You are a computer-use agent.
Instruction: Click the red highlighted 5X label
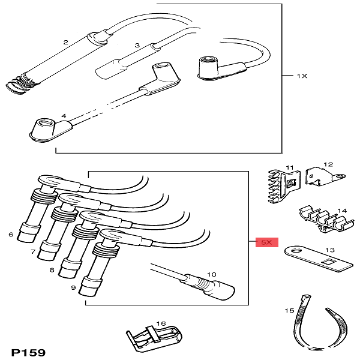tap(265, 242)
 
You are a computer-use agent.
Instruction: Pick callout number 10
tap(210, 275)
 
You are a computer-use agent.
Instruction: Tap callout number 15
tap(289, 311)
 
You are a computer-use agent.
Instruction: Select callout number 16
tap(161, 323)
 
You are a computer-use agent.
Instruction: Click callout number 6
tap(11, 234)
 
